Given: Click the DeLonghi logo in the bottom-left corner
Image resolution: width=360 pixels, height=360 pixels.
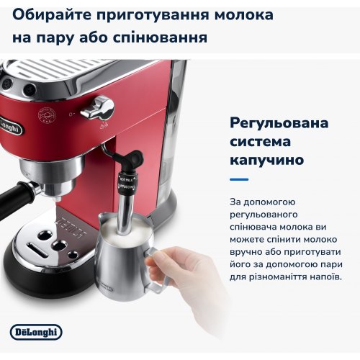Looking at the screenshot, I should point(37,332).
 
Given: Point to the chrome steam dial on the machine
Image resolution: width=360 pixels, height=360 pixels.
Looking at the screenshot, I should point(96,108).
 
